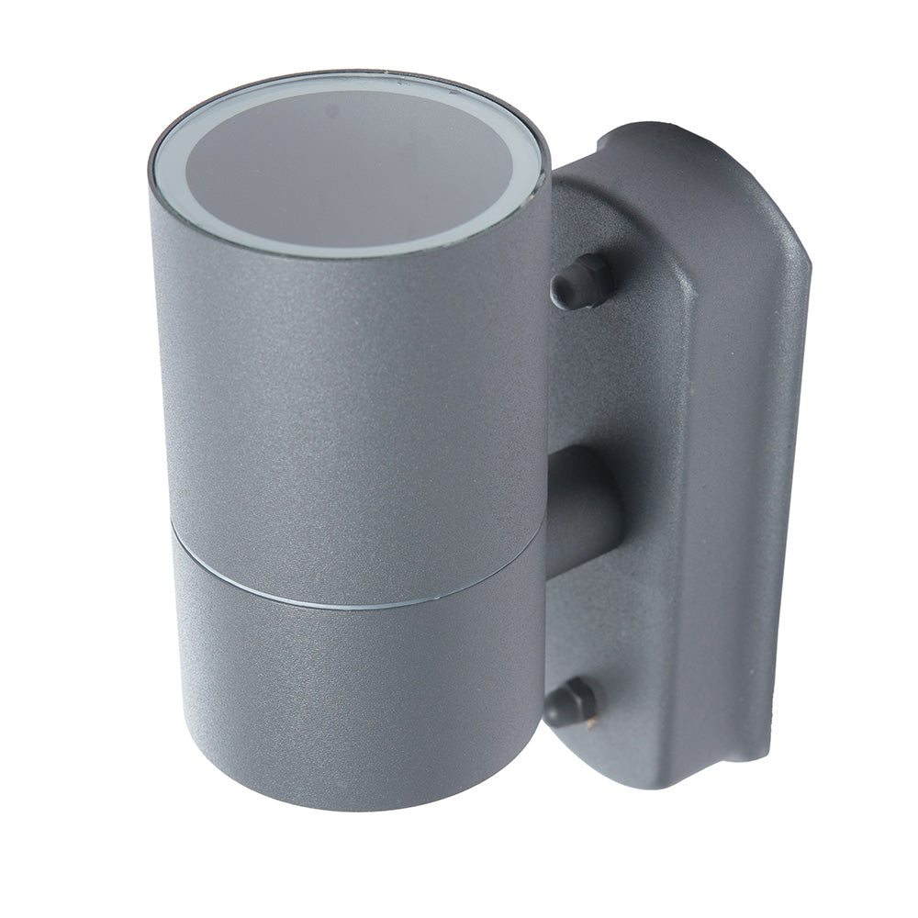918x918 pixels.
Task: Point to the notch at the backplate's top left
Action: [606, 147]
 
